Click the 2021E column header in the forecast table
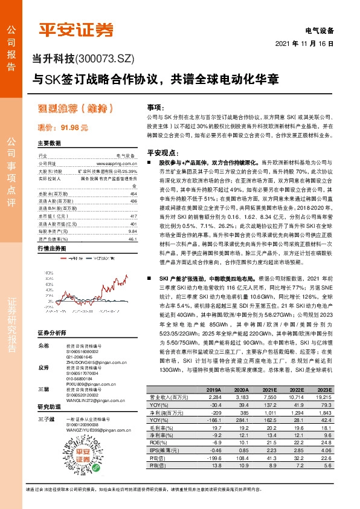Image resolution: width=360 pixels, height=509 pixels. (x=269, y=373)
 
